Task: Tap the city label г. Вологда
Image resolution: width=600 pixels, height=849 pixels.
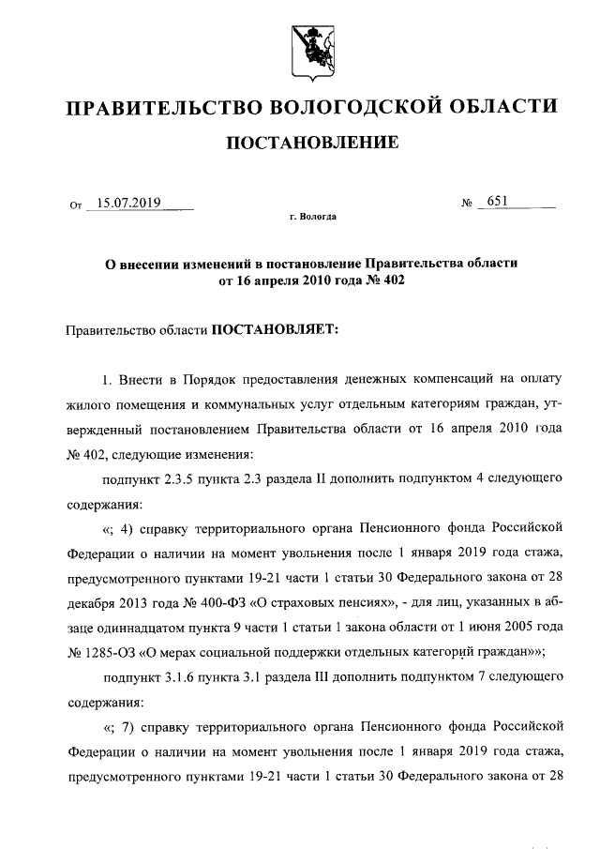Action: click(x=312, y=218)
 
